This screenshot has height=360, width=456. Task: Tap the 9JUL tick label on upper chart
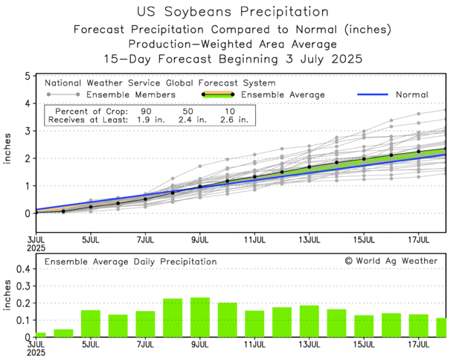(199, 241)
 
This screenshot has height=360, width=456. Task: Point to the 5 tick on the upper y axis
(27, 76)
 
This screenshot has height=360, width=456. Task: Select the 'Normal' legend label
(412, 94)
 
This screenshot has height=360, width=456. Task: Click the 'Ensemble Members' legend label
(131, 94)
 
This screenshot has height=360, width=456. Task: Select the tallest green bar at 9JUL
(199, 317)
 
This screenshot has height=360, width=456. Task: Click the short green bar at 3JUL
(40, 334)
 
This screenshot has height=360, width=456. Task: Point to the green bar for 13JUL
(309, 321)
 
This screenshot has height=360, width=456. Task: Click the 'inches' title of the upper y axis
(9, 157)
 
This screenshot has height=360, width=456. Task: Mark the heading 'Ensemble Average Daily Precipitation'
(130, 262)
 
